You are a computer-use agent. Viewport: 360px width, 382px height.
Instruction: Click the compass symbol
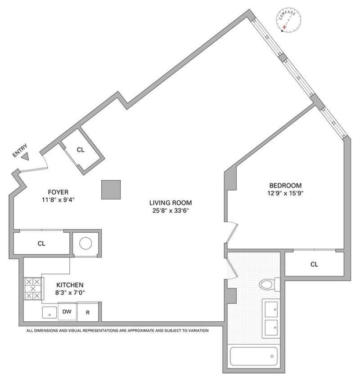click(x=288, y=22)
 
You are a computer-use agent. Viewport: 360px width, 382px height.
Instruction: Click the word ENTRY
click(x=20, y=150)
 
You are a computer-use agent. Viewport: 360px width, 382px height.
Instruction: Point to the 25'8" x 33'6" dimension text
click(x=170, y=210)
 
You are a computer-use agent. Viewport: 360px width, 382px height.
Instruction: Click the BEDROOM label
click(x=285, y=185)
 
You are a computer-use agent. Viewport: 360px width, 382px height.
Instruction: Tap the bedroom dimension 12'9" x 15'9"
click(x=285, y=194)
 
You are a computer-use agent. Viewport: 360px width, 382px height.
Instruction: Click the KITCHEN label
click(x=70, y=284)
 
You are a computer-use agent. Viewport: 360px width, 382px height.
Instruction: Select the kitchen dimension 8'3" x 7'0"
click(x=70, y=293)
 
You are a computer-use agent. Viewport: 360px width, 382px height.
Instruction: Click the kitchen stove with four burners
click(x=32, y=289)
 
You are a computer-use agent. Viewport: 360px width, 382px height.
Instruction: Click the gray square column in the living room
click(x=111, y=190)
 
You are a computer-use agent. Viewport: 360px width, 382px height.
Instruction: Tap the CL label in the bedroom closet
click(x=314, y=264)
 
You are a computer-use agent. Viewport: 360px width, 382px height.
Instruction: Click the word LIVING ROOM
click(x=170, y=202)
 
